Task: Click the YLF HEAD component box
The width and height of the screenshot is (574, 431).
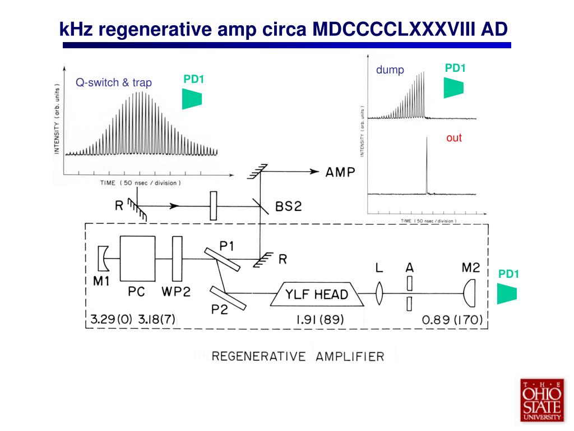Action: (x=317, y=294)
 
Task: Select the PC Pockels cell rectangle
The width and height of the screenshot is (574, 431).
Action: (x=137, y=258)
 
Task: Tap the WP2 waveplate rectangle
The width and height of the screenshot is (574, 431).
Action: (x=178, y=258)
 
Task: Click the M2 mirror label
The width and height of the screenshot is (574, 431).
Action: (x=471, y=268)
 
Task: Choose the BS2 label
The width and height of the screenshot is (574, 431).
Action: (x=288, y=207)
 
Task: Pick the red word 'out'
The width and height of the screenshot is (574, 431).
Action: (x=454, y=138)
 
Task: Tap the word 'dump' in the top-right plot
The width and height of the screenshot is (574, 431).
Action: (x=390, y=70)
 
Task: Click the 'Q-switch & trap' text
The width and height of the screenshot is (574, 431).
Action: (x=114, y=82)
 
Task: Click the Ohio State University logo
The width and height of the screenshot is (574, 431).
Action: (x=541, y=400)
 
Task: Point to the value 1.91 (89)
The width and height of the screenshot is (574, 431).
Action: (x=320, y=320)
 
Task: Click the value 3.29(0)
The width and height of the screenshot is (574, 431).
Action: (x=110, y=320)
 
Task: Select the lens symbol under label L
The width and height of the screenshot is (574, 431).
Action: (x=379, y=294)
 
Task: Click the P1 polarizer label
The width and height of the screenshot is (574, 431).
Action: (x=228, y=245)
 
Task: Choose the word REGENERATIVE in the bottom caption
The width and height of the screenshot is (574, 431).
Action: (x=259, y=356)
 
